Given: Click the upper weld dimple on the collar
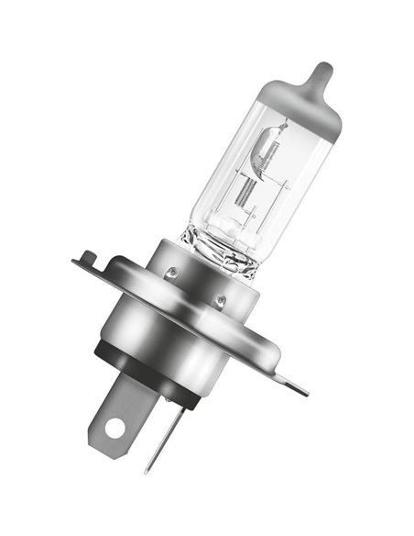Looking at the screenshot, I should [171, 272].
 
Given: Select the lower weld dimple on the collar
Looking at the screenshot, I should [219, 300].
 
